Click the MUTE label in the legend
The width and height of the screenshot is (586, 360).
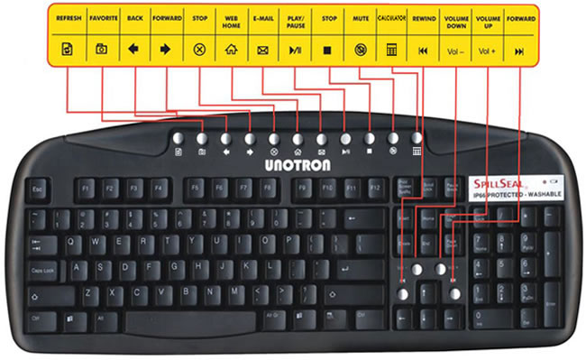(x=360, y=18)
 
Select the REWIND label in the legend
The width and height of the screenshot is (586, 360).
(x=423, y=18)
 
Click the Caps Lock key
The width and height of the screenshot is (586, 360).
(x=44, y=269)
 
